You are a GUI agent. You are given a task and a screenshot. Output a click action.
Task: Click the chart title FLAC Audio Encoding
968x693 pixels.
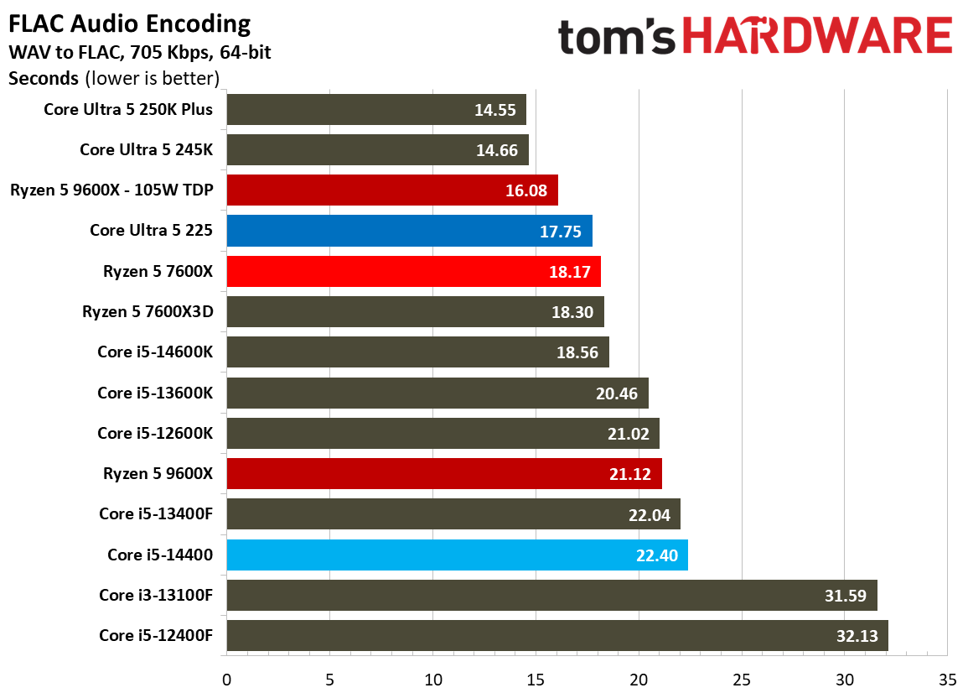130,24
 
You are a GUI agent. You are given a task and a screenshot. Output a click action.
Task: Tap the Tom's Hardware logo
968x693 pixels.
755,35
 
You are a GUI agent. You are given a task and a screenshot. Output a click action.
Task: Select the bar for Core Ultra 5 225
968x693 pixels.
409,231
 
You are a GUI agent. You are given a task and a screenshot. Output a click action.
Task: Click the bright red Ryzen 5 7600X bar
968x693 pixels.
414,271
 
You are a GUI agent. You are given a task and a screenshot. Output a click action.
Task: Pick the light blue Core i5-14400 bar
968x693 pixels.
458,555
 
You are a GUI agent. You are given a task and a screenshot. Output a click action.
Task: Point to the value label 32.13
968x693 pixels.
857,636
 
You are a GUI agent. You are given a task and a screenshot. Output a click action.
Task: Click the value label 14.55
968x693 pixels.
495,110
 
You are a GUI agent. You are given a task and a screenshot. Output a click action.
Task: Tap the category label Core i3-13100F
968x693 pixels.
156,595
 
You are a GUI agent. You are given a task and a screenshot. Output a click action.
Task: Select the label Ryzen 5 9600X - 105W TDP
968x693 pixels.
111,190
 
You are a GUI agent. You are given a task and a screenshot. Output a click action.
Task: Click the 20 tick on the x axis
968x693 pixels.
639,680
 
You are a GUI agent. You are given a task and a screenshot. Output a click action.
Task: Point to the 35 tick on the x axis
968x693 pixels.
948,680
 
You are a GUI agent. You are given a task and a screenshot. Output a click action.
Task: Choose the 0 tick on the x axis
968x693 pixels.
226,680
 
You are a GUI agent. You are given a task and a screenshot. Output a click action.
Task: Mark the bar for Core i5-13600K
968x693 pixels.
437,393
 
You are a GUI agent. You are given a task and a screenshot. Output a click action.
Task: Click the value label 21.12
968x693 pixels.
630,474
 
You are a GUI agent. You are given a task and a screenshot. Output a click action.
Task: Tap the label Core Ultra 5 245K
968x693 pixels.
147,149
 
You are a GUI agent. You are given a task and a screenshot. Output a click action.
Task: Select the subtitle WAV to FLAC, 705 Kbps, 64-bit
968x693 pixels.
140,53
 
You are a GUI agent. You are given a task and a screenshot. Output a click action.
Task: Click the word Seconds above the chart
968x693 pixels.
44,79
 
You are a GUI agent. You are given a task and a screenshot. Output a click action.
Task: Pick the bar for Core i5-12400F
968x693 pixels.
557,635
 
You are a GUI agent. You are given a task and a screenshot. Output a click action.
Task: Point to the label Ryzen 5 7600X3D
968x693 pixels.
148,311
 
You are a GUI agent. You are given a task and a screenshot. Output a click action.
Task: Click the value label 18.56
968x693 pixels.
577,352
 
